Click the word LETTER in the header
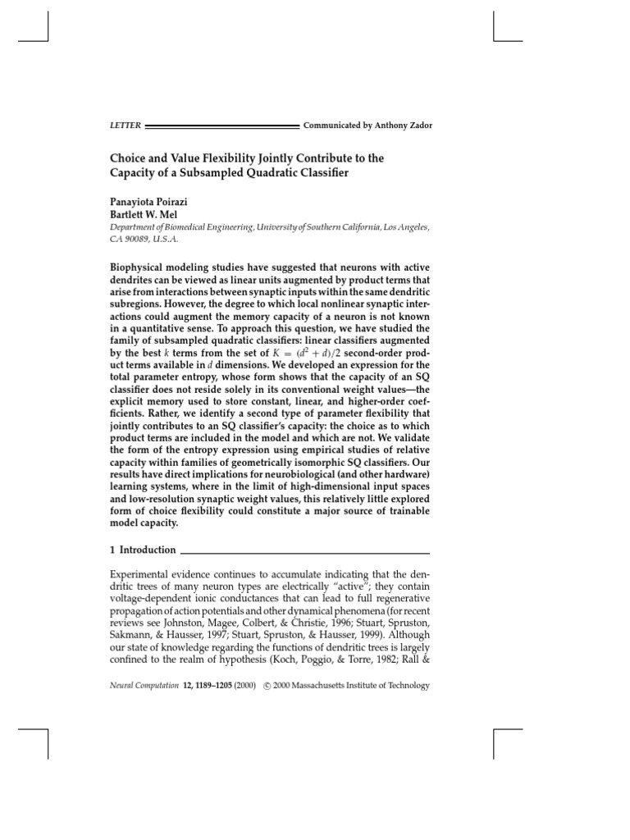[125, 126]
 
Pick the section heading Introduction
[148, 550]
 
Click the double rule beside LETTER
[221, 126]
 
